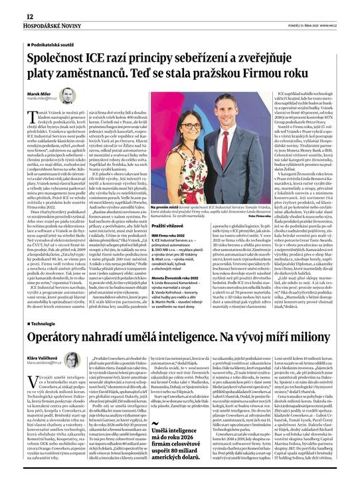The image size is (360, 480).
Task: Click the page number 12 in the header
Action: [x=11, y=15]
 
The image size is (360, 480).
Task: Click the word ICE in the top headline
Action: [x=98, y=57]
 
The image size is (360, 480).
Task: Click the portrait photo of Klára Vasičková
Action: [x=71, y=360]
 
